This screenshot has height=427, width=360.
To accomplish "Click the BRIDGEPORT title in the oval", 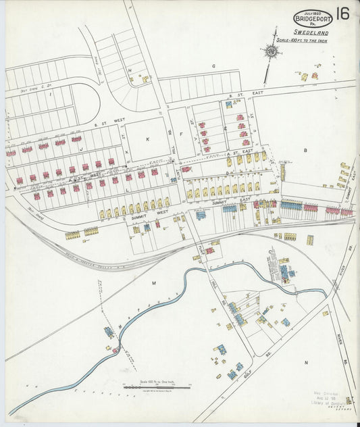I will tap(313, 19).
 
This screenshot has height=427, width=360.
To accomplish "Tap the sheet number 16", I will tap(342, 14).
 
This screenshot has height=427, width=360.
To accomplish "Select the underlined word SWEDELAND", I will tap(311, 32).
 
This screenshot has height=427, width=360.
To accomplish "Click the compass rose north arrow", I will tap(272, 50).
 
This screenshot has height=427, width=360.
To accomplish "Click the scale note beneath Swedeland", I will tap(311, 39).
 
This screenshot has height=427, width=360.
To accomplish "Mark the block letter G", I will tap(213, 66).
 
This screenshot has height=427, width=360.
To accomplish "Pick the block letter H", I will tap(129, 70).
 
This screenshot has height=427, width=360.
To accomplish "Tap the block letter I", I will tap(51, 95).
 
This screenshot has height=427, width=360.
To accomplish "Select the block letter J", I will tap(80, 148).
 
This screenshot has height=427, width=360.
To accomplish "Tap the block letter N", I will tap(305, 363).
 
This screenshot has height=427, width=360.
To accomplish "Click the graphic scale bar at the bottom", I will tap(157, 386).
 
